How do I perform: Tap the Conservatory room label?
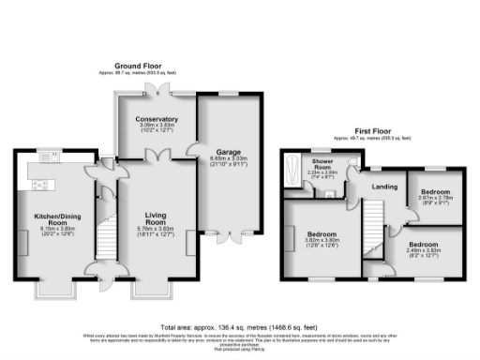[x=154, y=118]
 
